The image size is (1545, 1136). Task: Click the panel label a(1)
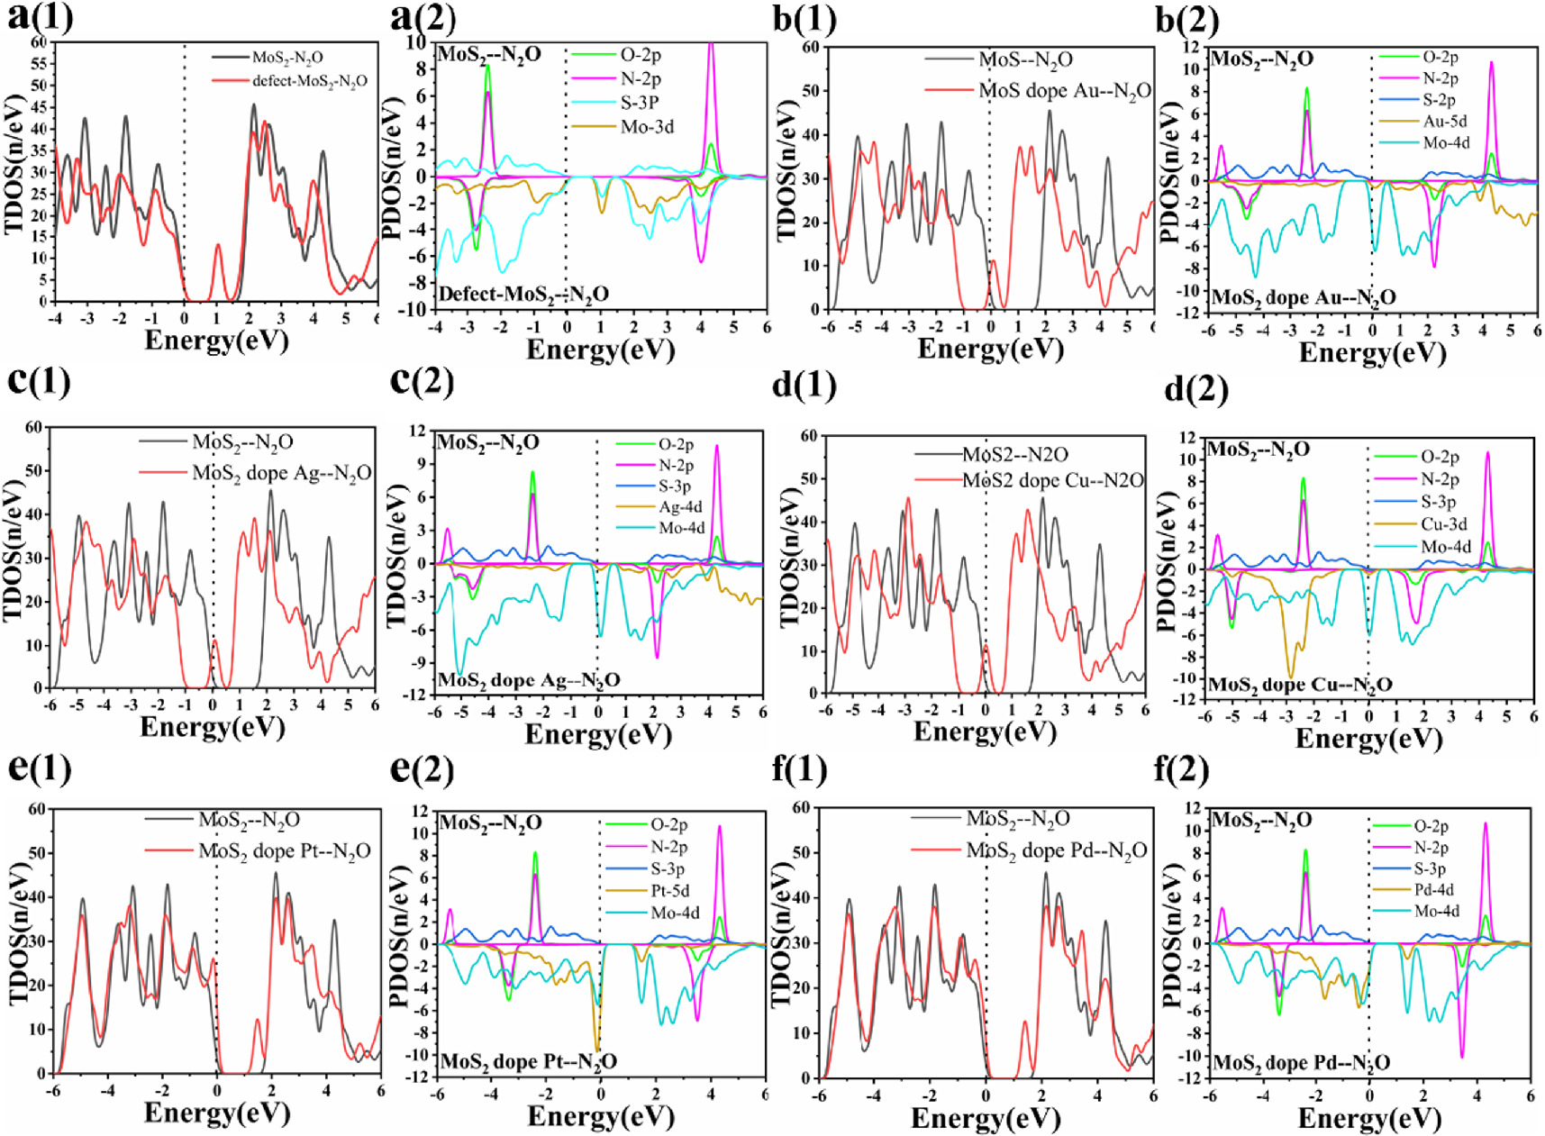(x=41, y=17)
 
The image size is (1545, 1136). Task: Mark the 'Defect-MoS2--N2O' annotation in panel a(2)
(x=523, y=295)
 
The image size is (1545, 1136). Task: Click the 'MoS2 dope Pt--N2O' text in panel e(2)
(x=529, y=1061)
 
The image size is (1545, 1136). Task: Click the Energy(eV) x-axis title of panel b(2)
(x=1372, y=351)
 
